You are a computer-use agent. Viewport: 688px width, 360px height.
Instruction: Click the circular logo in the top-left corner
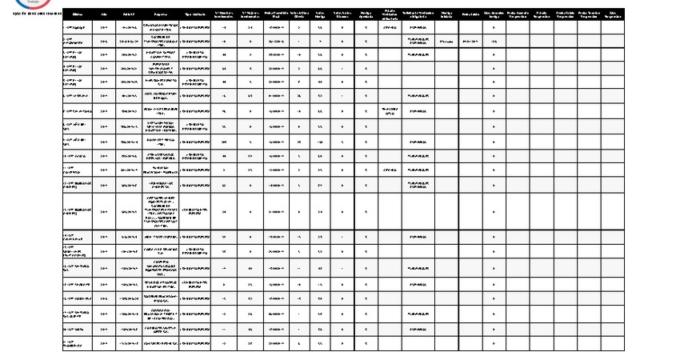click(40, 3)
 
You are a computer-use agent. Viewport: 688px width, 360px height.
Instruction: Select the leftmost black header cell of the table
click(77, 14)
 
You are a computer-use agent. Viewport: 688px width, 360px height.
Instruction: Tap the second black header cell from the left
click(105, 14)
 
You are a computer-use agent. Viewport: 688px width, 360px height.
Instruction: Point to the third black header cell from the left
click(129, 14)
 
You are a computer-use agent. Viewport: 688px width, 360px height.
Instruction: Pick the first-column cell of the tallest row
click(77, 211)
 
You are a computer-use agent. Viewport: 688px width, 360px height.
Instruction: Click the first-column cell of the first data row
click(77, 26)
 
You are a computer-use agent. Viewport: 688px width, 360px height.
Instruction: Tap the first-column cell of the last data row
click(77, 343)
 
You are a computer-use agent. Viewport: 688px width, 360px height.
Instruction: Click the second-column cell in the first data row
click(105, 26)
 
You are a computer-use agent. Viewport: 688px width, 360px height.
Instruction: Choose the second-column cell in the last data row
click(105, 343)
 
